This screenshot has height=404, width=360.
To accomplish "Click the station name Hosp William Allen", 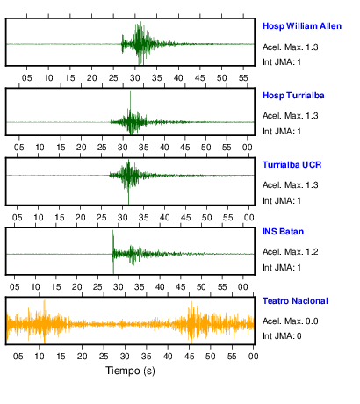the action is [x=302, y=26].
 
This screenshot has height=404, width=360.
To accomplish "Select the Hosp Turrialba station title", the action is [x=293, y=96].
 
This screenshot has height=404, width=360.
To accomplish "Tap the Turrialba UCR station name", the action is [x=292, y=165].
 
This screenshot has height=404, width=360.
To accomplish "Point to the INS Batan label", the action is [x=283, y=232].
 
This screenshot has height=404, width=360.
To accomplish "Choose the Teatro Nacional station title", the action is [x=295, y=301].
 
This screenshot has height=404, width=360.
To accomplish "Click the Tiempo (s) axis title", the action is [x=130, y=371].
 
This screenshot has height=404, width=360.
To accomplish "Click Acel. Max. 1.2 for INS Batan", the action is [x=290, y=252].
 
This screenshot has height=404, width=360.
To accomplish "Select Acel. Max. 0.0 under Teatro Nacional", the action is [x=290, y=321].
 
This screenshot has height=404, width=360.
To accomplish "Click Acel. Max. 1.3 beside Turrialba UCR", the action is [x=290, y=185].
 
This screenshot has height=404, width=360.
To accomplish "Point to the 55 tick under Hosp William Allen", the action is [x=243, y=78].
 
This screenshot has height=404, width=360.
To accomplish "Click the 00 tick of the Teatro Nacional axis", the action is [x=253, y=357].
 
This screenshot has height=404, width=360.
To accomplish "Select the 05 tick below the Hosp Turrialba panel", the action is [x=19, y=148].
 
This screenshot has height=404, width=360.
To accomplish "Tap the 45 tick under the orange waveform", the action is [x=189, y=357].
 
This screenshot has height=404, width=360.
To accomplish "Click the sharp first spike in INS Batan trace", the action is [x=113, y=240].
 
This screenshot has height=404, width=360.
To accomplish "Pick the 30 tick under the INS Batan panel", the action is [x=119, y=287].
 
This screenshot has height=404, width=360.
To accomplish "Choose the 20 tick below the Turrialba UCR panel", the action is [x=80, y=218].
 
